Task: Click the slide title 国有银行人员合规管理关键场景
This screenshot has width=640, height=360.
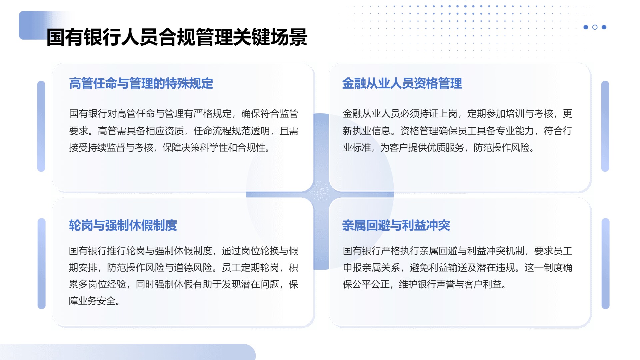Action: point(177,37)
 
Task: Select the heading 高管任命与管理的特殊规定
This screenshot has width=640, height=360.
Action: point(141,83)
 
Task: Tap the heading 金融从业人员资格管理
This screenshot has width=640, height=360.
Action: point(402,83)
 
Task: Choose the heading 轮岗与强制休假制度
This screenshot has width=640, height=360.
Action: point(123,225)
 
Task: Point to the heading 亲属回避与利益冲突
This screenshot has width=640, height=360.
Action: point(396,225)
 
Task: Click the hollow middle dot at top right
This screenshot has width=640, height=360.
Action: point(595,27)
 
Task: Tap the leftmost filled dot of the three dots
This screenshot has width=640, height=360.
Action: point(586,27)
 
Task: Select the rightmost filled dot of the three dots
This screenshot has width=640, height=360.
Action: point(604,27)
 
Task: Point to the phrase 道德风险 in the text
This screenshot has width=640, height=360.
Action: point(194,267)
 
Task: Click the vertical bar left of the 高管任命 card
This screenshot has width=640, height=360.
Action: point(41,126)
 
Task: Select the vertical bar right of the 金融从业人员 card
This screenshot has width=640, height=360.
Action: point(605,126)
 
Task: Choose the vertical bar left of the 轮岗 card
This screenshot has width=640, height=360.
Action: point(42,264)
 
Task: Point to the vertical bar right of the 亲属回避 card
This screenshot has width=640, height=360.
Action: point(605,264)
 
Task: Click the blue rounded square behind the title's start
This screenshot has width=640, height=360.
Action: point(33,25)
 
